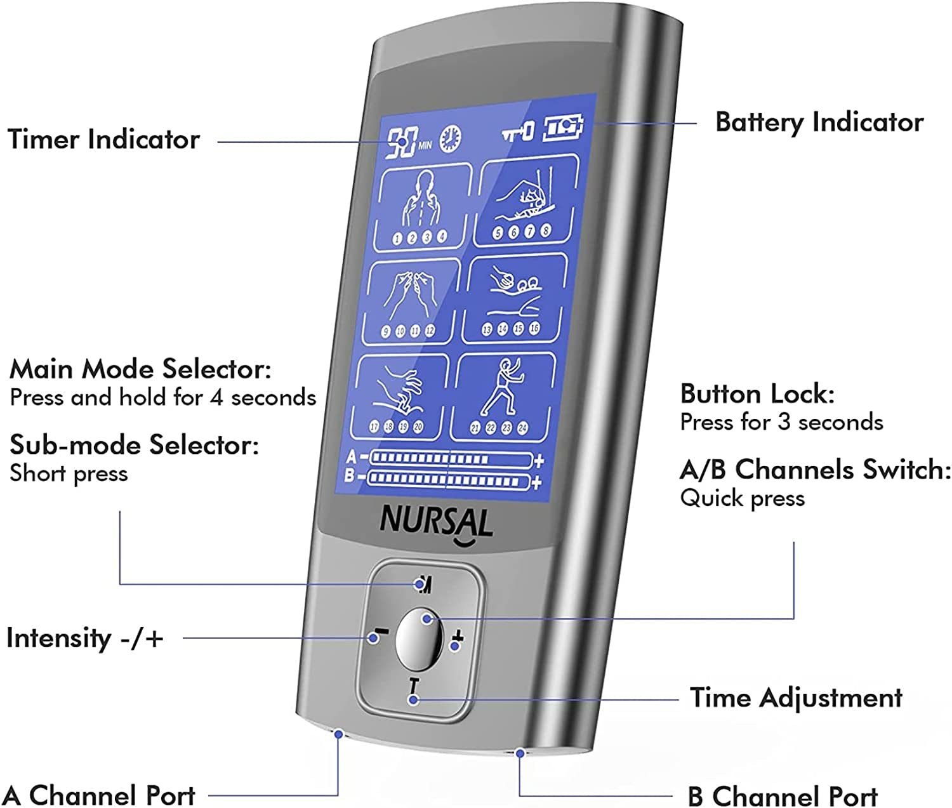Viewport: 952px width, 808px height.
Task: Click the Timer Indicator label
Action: pyautogui.click(x=103, y=140)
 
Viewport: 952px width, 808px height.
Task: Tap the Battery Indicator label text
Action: pyautogui.click(x=819, y=122)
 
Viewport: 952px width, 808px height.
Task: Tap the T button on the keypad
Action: pyautogui.click(x=414, y=687)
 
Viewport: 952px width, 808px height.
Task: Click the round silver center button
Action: pyautogui.click(x=420, y=639)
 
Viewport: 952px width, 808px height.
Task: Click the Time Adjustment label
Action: pyautogui.click(x=796, y=698)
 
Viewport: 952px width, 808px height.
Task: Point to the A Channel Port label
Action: pyautogui.click(x=100, y=795)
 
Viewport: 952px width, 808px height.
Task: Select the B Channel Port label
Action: pyautogui.click(x=783, y=796)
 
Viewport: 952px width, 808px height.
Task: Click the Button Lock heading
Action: pyautogui.click(x=757, y=394)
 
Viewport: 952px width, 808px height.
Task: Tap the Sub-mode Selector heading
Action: pyautogui.click(x=134, y=445)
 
